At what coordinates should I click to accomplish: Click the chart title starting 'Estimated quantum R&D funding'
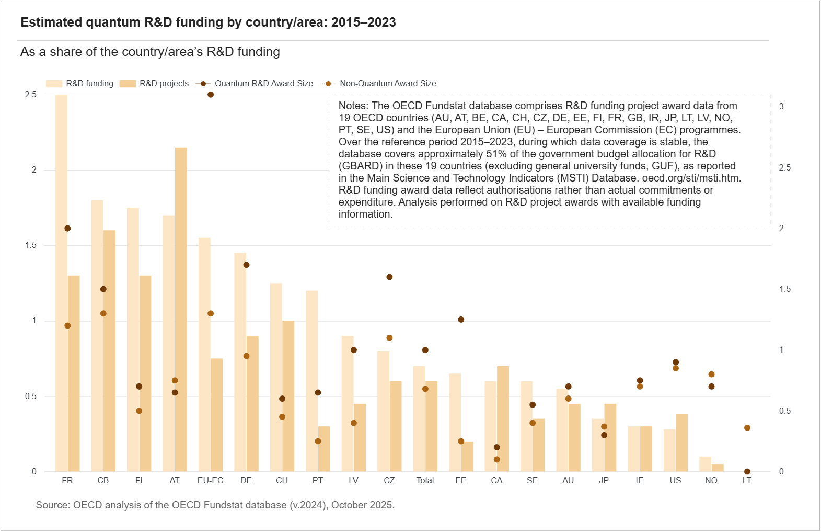pyautogui.click(x=208, y=22)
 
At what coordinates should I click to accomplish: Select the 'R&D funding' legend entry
pyautogui.click(x=79, y=84)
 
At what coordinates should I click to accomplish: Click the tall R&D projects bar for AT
pyautogui.click(x=181, y=310)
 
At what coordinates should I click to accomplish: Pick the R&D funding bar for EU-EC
pyautogui.click(x=204, y=355)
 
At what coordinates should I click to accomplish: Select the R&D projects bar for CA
pyautogui.click(x=503, y=419)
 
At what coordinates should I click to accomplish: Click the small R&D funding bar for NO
pyautogui.click(x=705, y=464)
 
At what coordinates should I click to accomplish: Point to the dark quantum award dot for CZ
pyautogui.click(x=390, y=277)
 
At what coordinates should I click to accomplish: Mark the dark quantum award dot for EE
pyautogui.click(x=461, y=320)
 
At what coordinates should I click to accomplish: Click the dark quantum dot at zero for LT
pyautogui.click(x=747, y=471)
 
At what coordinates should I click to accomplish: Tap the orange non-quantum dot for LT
pyautogui.click(x=747, y=428)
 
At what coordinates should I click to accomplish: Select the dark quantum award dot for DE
pyautogui.click(x=246, y=265)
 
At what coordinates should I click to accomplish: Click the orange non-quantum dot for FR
pyautogui.click(x=67, y=326)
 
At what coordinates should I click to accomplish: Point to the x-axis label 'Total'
pyautogui.click(x=425, y=481)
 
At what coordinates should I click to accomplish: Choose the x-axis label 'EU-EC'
pyautogui.click(x=211, y=481)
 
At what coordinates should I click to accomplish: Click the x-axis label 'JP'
pyautogui.click(x=604, y=481)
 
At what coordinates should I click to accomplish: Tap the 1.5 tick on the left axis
pyautogui.click(x=31, y=245)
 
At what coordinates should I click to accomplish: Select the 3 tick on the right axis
pyautogui.click(x=781, y=106)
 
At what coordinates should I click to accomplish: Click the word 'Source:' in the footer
pyautogui.click(x=53, y=505)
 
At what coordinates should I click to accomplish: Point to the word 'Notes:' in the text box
pyautogui.click(x=353, y=106)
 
